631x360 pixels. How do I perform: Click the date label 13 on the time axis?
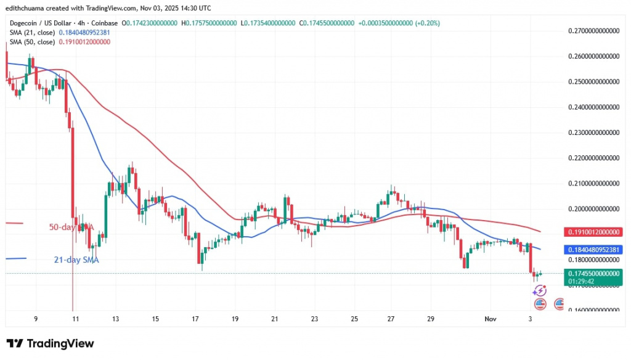click(x=115, y=319)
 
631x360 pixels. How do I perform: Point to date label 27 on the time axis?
click(x=391, y=319)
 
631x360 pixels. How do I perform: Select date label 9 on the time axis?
click(x=36, y=319)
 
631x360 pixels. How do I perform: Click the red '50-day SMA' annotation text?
click(x=71, y=227)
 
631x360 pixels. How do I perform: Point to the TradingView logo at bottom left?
click(x=51, y=343)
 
